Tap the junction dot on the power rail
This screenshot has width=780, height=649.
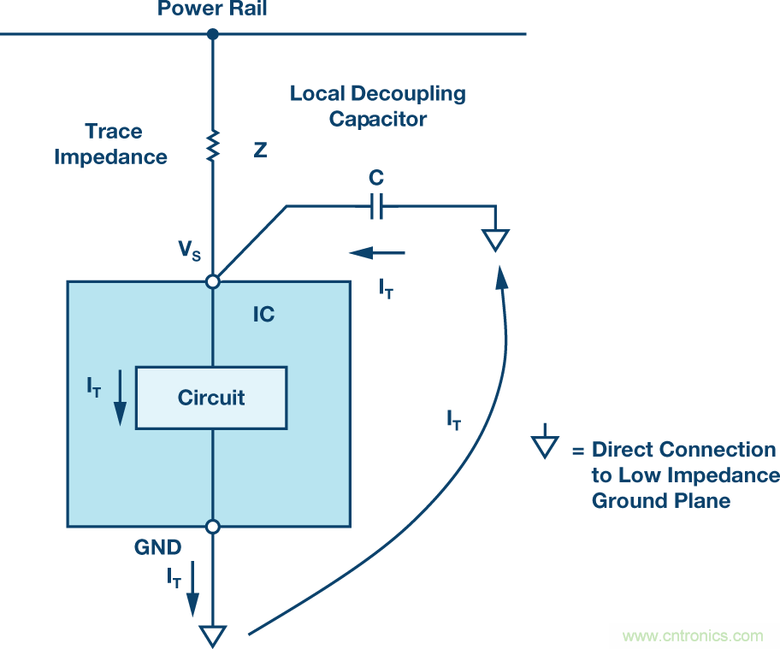(x=213, y=34)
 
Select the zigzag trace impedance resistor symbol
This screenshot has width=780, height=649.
(x=213, y=145)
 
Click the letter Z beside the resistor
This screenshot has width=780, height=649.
(x=260, y=150)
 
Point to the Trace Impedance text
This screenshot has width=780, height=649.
(x=111, y=145)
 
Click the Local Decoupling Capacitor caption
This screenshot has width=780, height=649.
(x=378, y=106)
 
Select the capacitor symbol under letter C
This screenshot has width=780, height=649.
(x=376, y=205)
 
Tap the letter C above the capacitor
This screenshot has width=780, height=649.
(x=376, y=179)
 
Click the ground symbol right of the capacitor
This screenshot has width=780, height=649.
(x=495, y=239)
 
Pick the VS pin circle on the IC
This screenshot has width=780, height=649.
(x=213, y=280)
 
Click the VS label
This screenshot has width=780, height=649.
(x=190, y=251)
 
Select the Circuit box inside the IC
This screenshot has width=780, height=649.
(x=211, y=398)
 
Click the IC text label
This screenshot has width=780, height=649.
(x=263, y=315)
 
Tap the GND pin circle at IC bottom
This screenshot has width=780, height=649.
(x=213, y=527)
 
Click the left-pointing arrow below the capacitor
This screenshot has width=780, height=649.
(x=376, y=253)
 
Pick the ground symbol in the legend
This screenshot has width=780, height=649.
(x=545, y=446)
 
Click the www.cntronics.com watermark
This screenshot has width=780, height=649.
(x=693, y=636)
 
